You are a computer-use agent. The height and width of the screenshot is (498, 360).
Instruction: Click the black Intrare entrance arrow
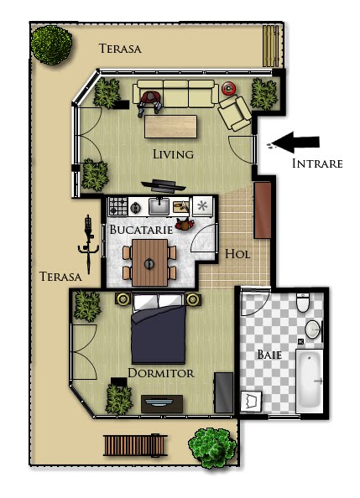click(x=295, y=142)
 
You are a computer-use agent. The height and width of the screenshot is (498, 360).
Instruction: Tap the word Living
click(x=174, y=154)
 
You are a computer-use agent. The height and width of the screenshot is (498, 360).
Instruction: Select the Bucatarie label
click(x=141, y=230)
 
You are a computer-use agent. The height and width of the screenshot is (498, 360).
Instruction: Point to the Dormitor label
click(x=161, y=373)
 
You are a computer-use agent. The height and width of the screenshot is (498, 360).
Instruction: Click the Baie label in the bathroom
click(x=269, y=355)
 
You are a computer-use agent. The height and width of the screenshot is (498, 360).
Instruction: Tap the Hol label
click(x=237, y=254)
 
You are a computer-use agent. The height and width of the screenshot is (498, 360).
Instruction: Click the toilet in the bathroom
click(x=303, y=303)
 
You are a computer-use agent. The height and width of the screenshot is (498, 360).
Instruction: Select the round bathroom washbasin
click(x=314, y=329)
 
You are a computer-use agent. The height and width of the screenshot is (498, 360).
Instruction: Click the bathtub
click(x=310, y=381)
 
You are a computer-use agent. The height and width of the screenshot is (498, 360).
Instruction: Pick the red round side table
click(x=228, y=88)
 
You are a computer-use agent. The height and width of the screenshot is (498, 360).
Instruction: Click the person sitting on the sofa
click(x=149, y=103)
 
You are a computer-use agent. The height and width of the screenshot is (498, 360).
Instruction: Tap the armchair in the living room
click(x=235, y=113)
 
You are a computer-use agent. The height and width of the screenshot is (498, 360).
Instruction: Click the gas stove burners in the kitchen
click(x=118, y=206)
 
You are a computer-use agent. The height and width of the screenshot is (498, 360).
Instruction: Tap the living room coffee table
click(x=170, y=127)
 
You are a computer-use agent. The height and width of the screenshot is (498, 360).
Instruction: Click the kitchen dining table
click(x=149, y=262)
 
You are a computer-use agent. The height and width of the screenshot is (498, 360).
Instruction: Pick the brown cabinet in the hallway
click(x=263, y=210)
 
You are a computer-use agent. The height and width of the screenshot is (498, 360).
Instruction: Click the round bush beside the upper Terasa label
click(x=51, y=44)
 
